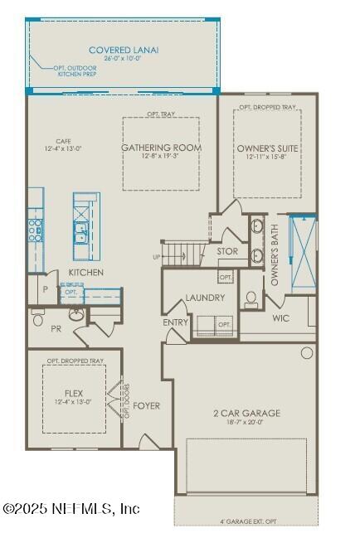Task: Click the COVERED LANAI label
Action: tap(124, 50)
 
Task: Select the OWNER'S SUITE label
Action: tap(267, 148)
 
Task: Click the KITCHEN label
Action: tap(85, 272)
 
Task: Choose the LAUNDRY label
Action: tap(206, 298)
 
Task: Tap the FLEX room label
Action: tap(74, 393)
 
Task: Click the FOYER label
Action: tap(147, 405)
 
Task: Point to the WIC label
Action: tap(280, 317)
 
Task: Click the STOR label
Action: tap(227, 251)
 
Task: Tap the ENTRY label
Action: tap(176, 322)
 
